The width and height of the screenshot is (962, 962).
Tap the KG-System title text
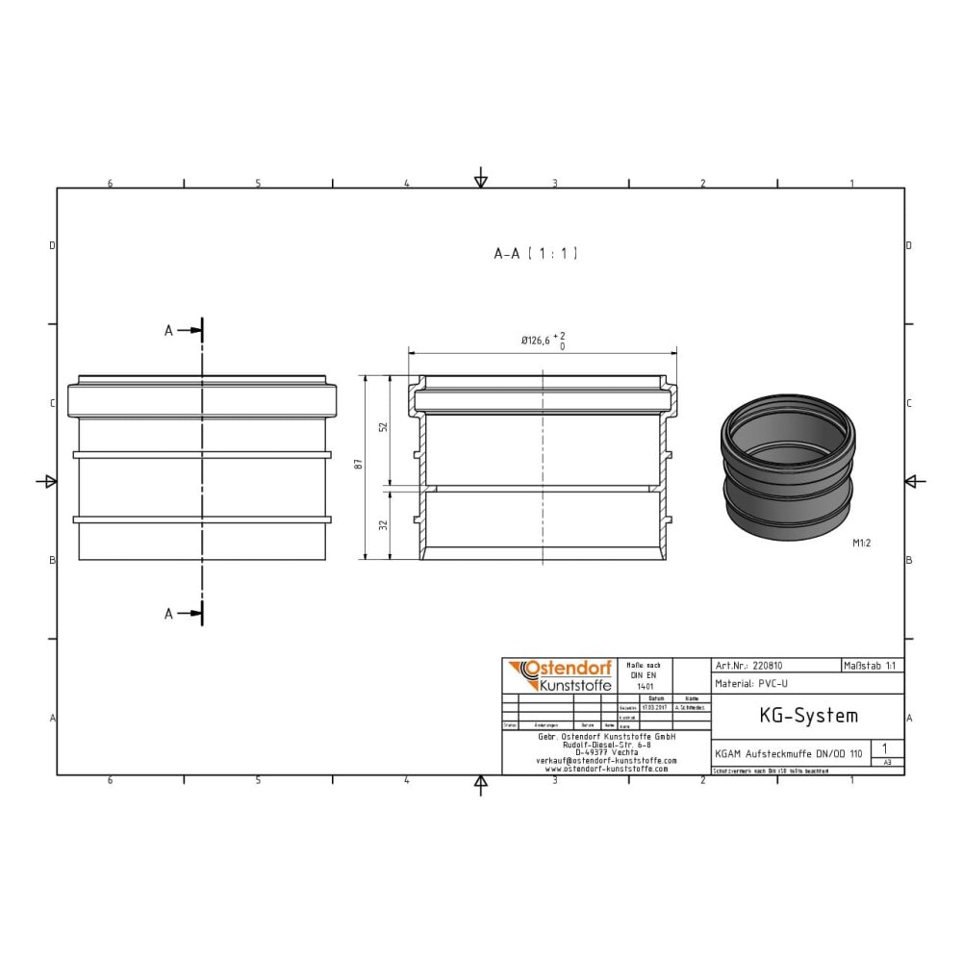(x=795, y=716)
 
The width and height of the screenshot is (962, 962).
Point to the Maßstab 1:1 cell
(x=872, y=665)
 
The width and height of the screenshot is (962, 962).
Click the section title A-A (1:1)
(x=535, y=254)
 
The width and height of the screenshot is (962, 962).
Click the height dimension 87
(x=359, y=466)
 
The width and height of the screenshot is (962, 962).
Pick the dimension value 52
(x=384, y=427)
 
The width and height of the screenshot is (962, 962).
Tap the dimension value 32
(x=384, y=525)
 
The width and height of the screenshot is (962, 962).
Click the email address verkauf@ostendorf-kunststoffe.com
(x=606, y=760)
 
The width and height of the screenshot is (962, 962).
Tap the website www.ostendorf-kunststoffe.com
(x=606, y=769)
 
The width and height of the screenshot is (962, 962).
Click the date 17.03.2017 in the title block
(x=654, y=707)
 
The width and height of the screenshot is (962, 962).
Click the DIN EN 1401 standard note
(x=645, y=675)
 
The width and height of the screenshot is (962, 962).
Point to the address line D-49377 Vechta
(x=606, y=751)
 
